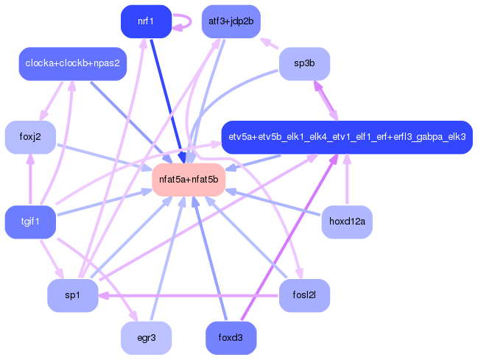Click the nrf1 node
click(x=147, y=21)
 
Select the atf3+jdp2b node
click(x=231, y=21)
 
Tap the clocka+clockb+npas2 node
click(x=73, y=64)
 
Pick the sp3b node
click(x=304, y=64)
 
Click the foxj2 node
click(x=30, y=137)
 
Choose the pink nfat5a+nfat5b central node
click(x=189, y=180)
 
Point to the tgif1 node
click(x=30, y=222)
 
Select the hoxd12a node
click(x=347, y=222)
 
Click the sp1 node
click(x=73, y=295)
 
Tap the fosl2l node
click(x=304, y=295)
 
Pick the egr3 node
click(x=147, y=338)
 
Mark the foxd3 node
click(x=231, y=338)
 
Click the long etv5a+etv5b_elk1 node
click(x=347, y=137)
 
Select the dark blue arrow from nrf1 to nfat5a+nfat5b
click(x=168, y=101)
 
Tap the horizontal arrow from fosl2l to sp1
click(x=189, y=296)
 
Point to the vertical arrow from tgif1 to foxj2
click(x=30, y=179)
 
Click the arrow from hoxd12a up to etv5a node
click(x=347, y=179)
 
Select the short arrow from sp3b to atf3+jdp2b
click(x=270, y=43)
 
